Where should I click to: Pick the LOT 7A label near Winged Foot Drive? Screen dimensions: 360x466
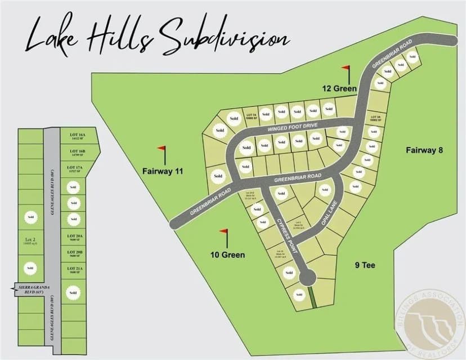(x=250, y=116)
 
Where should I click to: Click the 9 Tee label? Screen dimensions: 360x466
(x=365, y=265)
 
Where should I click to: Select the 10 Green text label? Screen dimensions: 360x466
(x=227, y=255)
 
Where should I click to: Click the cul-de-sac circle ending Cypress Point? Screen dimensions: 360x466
(x=307, y=277)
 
